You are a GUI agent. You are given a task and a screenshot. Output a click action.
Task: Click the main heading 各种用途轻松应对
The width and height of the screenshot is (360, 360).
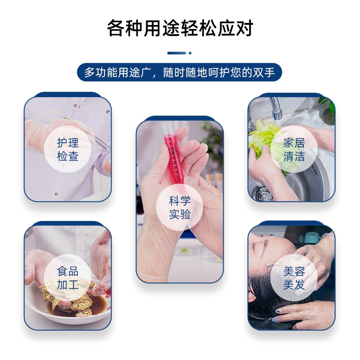coord(180,28)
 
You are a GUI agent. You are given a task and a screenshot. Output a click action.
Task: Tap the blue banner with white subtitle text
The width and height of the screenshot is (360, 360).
coord(179,72)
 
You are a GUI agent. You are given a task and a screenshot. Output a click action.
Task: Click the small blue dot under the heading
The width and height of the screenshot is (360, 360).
coord(190,53)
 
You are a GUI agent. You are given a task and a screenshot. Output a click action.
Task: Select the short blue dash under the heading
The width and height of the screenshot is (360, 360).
coord(176,53)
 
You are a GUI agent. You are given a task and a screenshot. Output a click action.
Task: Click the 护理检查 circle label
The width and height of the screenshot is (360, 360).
coord(68,149)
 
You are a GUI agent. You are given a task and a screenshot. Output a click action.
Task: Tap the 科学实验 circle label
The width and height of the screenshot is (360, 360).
coord(180,207)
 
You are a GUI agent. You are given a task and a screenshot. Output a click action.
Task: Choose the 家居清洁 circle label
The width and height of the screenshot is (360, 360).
coord(294,149)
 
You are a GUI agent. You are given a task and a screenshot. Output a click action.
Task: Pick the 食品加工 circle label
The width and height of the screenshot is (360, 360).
coord(68,278)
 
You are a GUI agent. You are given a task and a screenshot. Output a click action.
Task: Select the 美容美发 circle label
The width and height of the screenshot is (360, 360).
coord(294,278)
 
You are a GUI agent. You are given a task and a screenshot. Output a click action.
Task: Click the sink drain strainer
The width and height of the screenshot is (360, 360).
coord(262,194)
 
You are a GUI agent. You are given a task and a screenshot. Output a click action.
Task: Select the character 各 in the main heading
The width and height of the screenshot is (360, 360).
coord(116,28)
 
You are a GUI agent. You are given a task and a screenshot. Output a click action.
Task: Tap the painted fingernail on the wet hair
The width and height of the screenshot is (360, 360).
coord(278,311)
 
